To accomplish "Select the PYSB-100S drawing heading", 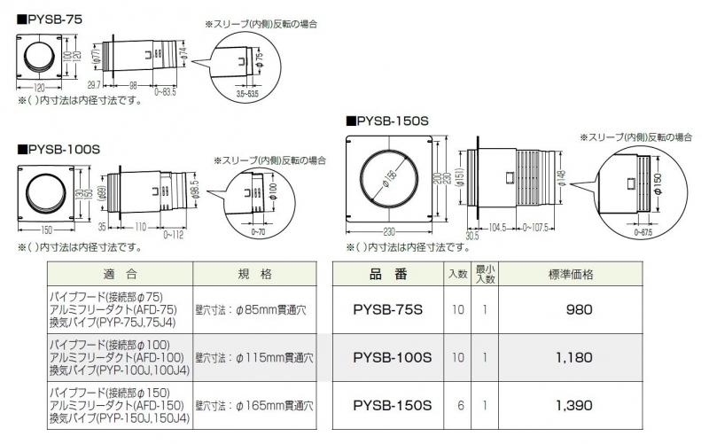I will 59,149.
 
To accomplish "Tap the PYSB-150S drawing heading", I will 391,120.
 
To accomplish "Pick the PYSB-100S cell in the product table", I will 392,358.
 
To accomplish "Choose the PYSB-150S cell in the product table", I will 392,406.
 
